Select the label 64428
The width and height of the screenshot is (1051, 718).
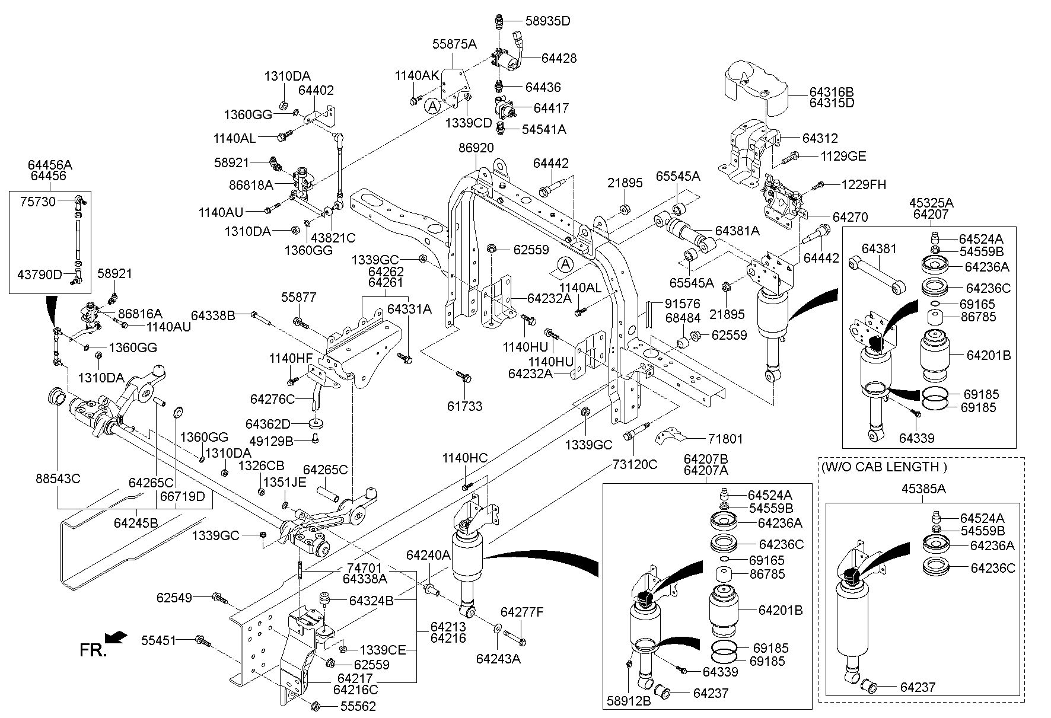tap(558, 58)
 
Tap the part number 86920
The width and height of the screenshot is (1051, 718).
tap(476, 148)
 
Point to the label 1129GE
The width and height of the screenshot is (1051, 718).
tap(843, 157)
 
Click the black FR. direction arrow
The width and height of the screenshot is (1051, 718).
tap(117, 637)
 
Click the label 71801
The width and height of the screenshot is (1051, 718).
tap(725, 439)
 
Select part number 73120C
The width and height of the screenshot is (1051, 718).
tap(635, 464)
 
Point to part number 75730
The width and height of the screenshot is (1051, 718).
tap(38, 202)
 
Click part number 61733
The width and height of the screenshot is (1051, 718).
tap(464, 406)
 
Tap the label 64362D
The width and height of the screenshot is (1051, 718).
tap(268, 424)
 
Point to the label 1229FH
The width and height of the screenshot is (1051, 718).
tap(864, 184)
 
